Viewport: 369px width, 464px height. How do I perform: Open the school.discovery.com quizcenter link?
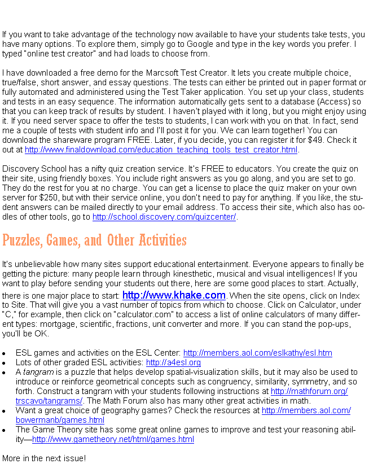pos(164,217)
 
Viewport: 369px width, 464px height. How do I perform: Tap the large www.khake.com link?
pos(174,295)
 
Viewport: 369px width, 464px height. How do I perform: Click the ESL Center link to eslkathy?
pos(257,353)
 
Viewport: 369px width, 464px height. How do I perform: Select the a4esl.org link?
pos(173,363)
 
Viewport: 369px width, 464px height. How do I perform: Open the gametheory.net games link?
pos(113,440)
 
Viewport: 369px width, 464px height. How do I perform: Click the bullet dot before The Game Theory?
pos(5,431)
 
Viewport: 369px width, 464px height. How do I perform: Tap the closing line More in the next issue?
pos(44,458)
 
